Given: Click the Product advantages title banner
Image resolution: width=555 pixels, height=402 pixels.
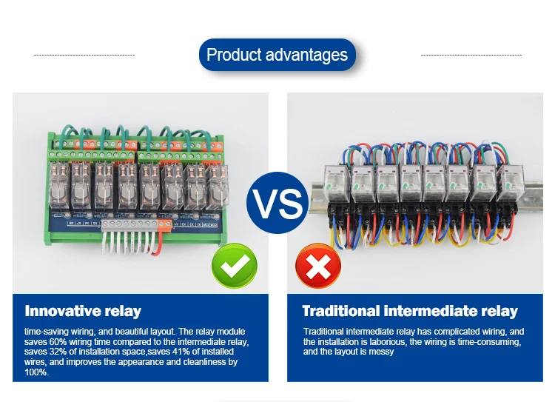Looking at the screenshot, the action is click(277, 55).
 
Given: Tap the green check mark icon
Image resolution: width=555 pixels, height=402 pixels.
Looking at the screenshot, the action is click(235, 266).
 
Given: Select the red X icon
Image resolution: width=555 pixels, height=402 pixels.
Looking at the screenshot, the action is click(318, 266).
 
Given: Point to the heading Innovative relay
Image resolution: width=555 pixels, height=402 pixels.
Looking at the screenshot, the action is click(83, 311).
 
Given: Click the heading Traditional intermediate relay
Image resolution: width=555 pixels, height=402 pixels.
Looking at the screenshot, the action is click(410, 311).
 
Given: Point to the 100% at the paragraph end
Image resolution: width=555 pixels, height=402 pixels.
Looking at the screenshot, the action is click(34, 372).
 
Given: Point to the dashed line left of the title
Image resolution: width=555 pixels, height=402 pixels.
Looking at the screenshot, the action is click(84, 55).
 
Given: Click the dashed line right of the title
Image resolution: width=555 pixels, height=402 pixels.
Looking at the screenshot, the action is click(471, 55).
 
